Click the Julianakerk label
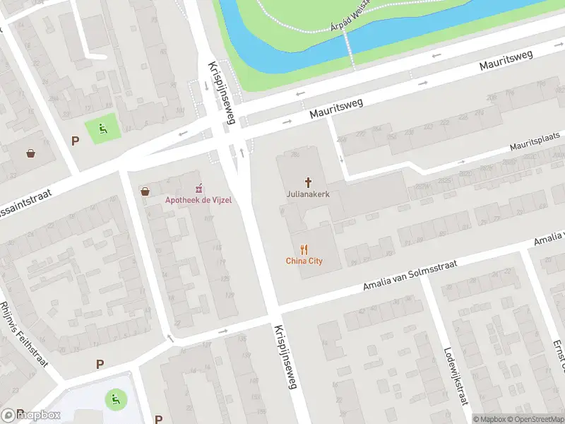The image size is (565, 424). pyautogui.click(x=308, y=193)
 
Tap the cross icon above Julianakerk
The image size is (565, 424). pyautogui.click(x=308, y=182)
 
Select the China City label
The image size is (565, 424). pyautogui.click(x=304, y=261)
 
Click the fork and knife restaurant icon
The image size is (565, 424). pyautogui.click(x=304, y=249)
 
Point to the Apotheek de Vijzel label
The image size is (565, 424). pyautogui.click(x=198, y=200)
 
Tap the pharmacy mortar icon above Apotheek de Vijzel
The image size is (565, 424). pyautogui.click(x=199, y=188)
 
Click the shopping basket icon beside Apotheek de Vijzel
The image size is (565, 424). pyautogui.click(x=145, y=192)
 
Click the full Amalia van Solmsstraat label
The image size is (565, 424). pyautogui.click(x=410, y=276)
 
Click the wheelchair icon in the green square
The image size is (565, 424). pyautogui.click(x=103, y=129)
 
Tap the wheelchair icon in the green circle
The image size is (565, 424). pyautogui.click(x=114, y=399)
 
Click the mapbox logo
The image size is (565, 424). pyautogui.click(x=31, y=416)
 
